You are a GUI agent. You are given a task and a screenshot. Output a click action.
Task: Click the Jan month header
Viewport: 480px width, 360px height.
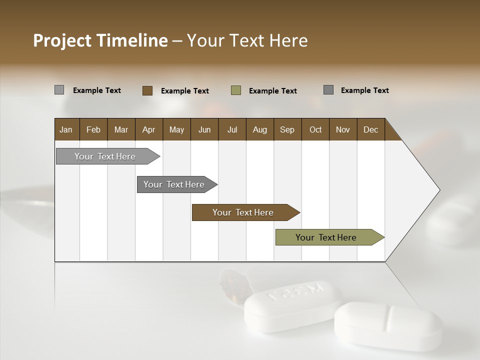[66, 129]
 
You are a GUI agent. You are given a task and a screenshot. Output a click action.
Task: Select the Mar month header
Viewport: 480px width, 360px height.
[121, 129]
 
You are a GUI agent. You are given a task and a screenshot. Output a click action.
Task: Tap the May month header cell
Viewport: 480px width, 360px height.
[176, 129]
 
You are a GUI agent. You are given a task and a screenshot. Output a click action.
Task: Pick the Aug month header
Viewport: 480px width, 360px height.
[259, 129]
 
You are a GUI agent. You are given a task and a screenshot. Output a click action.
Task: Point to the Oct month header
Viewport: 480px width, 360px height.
[315, 129]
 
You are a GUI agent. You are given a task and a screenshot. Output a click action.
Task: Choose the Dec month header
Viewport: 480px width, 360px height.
[370, 129]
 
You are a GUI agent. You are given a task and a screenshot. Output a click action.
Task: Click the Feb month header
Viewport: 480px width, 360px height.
[93, 129]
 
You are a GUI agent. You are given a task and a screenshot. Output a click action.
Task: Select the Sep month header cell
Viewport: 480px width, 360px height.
[287, 129]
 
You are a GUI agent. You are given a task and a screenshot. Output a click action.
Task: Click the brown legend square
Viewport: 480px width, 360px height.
[147, 90]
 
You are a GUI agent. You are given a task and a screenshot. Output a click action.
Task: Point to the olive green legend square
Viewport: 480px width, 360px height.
[236, 90]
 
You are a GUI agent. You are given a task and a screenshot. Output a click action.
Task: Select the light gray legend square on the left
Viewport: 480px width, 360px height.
[59, 90]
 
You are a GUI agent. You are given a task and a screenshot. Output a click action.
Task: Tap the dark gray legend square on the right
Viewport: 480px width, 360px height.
[328, 90]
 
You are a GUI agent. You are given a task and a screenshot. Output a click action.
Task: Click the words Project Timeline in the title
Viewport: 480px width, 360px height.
[100, 40]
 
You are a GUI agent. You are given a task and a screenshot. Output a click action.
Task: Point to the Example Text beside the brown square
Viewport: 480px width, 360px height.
[185, 91]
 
